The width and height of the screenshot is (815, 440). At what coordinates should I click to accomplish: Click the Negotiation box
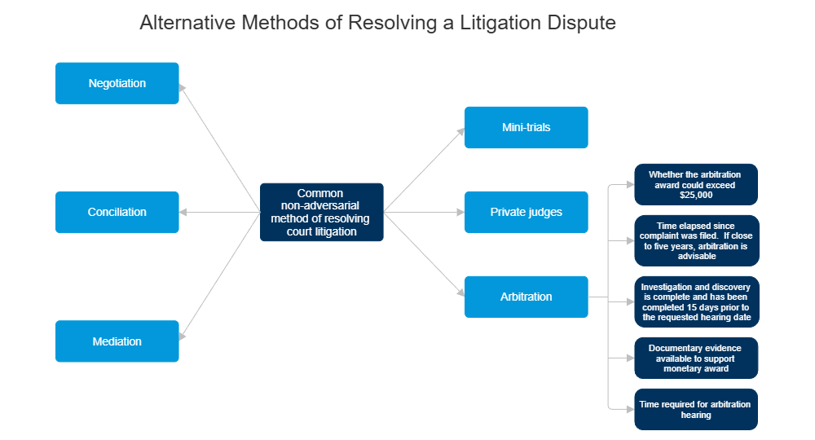[x=117, y=83]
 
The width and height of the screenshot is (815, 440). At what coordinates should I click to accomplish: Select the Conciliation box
[x=117, y=212]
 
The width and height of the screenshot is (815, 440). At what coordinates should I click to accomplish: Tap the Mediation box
[x=117, y=341]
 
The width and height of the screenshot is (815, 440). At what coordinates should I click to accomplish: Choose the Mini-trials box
[x=526, y=128]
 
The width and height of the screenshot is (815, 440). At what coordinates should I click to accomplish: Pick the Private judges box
[x=526, y=212]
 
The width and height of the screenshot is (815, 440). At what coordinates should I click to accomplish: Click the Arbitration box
[x=526, y=297]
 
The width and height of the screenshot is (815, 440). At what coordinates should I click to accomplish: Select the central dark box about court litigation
[x=321, y=212]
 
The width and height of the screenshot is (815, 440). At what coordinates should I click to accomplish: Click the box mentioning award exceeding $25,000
[x=696, y=184]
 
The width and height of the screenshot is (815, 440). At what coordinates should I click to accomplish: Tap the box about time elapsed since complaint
[x=696, y=240]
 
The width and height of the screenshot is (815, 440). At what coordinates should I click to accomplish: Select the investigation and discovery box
[x=696, y=301]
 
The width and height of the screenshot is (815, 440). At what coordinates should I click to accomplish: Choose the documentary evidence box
[x=696, y=358]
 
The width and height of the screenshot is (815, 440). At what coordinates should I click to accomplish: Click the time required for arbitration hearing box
[x=696, y=409]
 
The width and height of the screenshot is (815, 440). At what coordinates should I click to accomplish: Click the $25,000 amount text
[x=695, y=196]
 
